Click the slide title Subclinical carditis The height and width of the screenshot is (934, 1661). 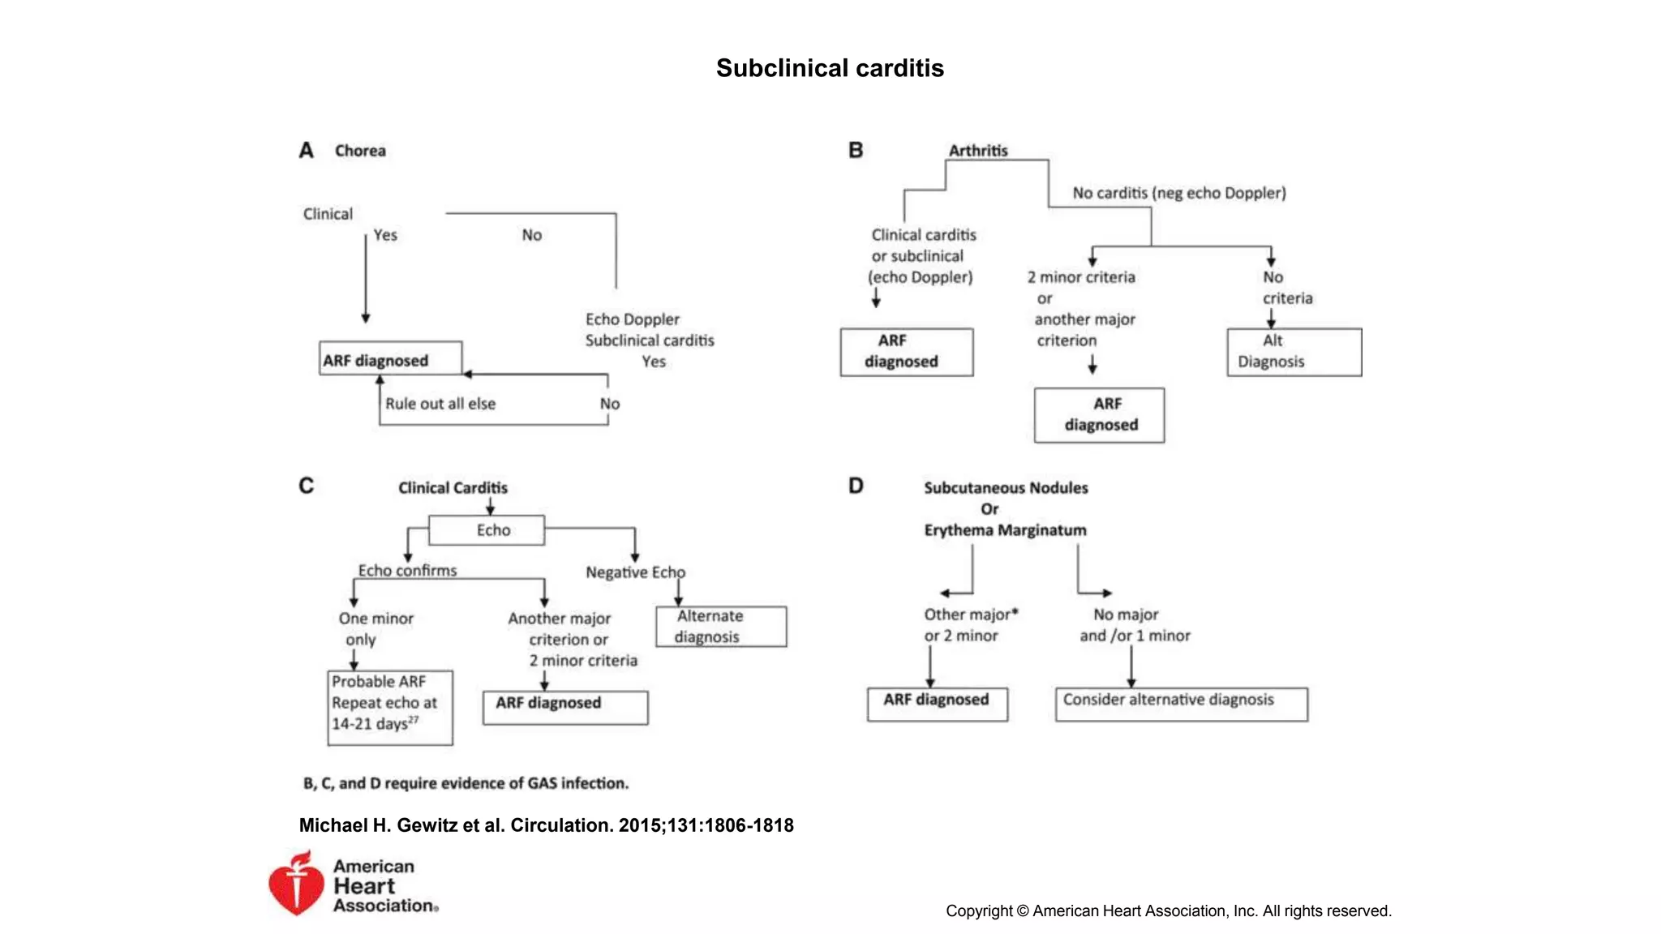click(x=830, y=68)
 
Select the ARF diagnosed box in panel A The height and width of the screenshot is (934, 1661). click(x=390, y=358)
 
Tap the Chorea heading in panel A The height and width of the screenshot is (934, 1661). click(x=360, y=151)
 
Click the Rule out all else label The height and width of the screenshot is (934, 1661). click(x=440, y=404)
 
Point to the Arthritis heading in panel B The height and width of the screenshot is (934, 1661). click(x=978, y=151)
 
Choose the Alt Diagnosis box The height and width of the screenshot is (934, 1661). click(x=1294, y=352)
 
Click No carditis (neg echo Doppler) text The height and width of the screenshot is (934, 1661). click(x=1178, y=193)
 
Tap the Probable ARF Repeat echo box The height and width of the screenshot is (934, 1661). click(x=390, y=706)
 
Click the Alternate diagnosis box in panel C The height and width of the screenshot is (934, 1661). click(x=721, y=627)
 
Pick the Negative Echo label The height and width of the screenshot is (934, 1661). click(x=635, y=572)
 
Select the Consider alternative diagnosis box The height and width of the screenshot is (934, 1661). click(x=1181, y=704)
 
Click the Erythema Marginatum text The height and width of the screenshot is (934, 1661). click(x=1005, y=530)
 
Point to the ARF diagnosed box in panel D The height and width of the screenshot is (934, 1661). click(x=937, y=704)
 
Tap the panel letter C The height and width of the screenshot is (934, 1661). click(x=306, y=486)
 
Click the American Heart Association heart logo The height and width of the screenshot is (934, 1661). click(x=295, y=884)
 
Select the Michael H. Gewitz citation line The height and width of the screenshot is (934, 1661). click(x=546, y=825)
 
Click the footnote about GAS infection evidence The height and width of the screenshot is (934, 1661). click(x=466, y=783)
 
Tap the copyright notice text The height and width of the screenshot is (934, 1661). click(x=1168, y=910)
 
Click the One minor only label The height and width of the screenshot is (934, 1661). click(x=376, y=628)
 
